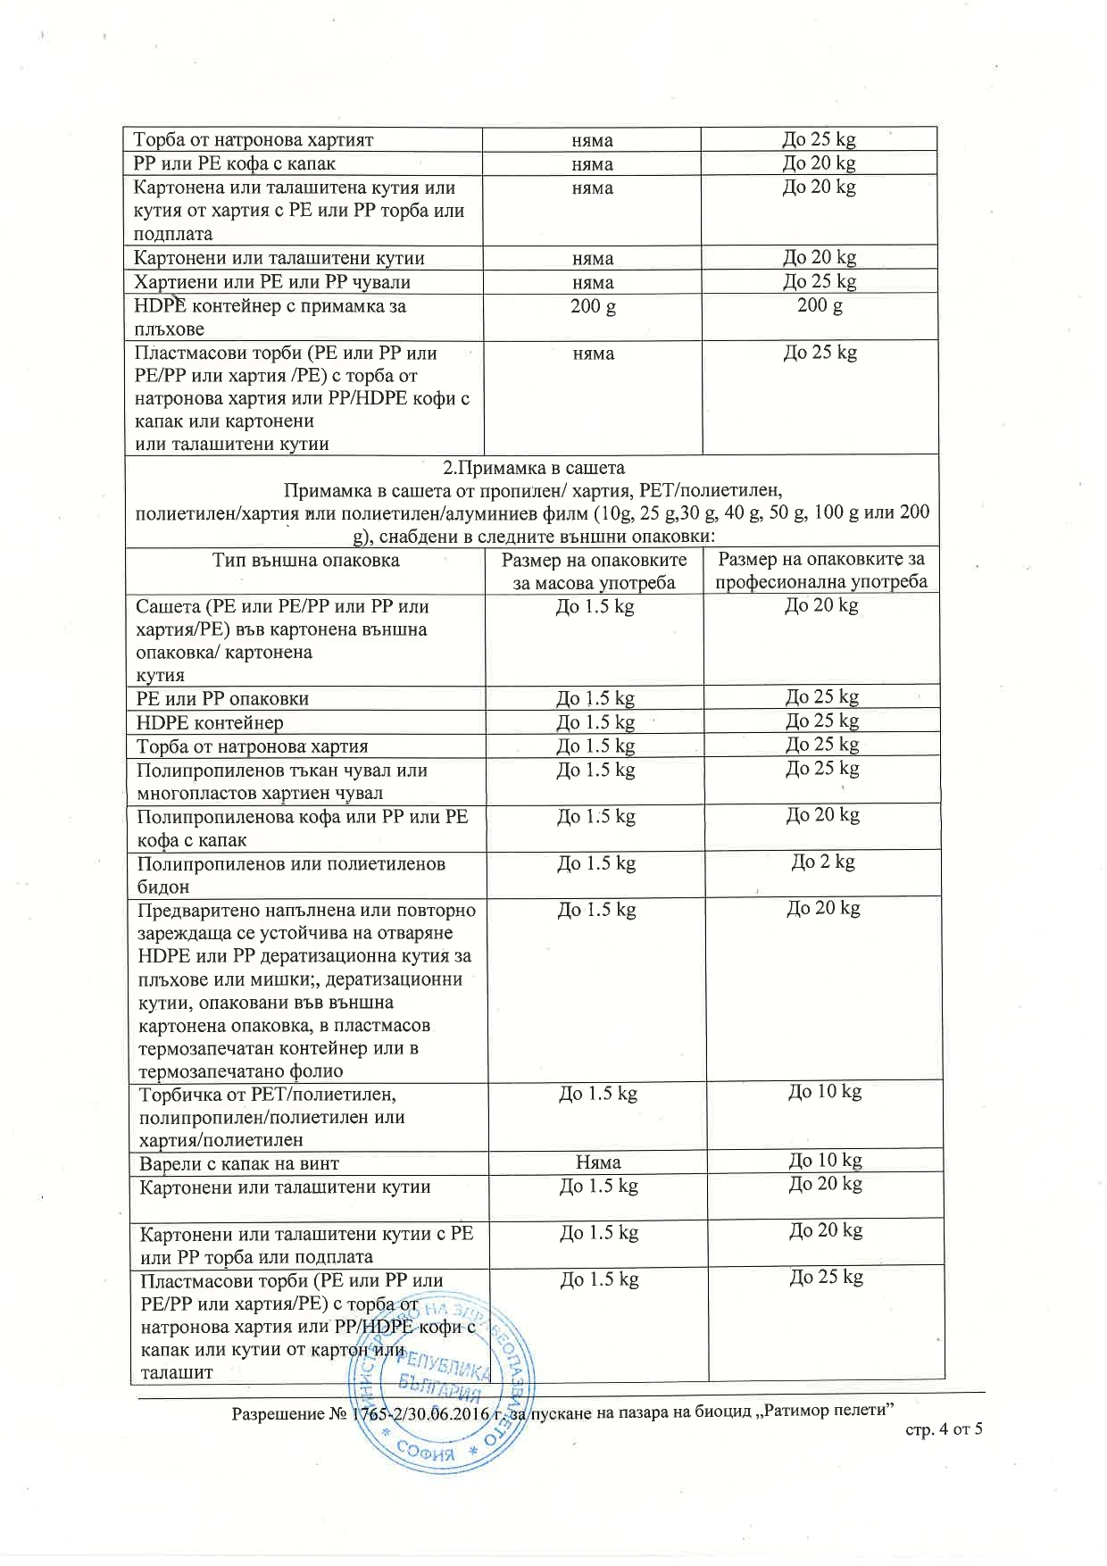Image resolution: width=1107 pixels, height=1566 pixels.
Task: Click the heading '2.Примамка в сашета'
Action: pos(534,468)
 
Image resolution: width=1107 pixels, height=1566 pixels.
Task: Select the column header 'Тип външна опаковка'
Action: pos(306,561)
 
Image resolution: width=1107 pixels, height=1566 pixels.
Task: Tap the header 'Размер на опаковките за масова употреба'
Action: pos(595,571)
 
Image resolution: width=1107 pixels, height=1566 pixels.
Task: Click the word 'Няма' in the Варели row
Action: pos(597,1162)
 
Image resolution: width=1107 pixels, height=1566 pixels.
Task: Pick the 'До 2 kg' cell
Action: pos(823,862)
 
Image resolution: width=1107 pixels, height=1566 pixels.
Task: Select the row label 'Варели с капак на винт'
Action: pos(239,1163)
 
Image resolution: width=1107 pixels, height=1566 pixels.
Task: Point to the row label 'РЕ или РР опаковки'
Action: pos(223,699)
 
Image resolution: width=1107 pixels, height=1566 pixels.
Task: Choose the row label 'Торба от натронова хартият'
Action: pos(254,140)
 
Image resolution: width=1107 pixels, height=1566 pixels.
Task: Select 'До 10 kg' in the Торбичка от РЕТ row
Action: pos(825,1092)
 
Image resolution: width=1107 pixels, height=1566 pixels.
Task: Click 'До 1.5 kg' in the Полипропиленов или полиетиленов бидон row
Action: pos(595,864)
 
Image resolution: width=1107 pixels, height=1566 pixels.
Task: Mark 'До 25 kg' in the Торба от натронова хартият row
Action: pos(819,139)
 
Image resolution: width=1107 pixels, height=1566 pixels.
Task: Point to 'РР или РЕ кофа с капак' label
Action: pos(235,164)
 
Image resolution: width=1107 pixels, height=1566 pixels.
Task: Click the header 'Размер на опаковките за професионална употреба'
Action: pos(821,571)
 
